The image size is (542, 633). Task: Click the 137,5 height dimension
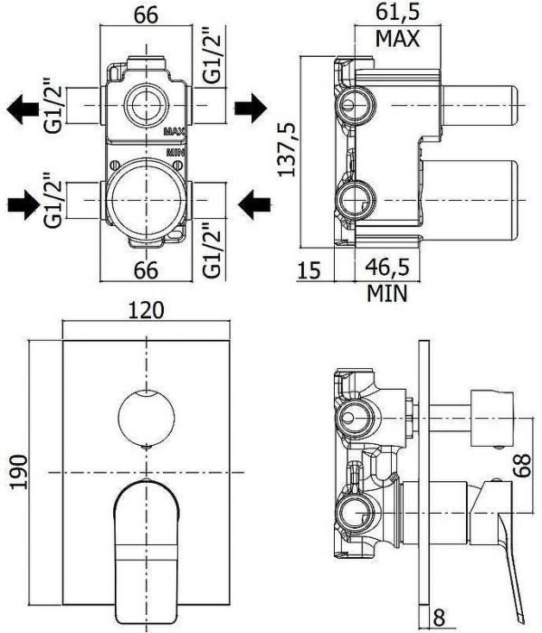click(x=287, y=149)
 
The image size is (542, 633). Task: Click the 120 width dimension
click(x=146, y=309)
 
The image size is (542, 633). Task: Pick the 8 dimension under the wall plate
click(x=439, y=619)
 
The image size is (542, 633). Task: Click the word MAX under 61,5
click(x=399, y=40)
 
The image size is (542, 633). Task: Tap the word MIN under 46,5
click(x=387, y=293)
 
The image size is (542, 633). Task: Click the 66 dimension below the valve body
click(x=147, y=269)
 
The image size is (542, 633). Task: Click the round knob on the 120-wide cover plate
click(x=146, y=418)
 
